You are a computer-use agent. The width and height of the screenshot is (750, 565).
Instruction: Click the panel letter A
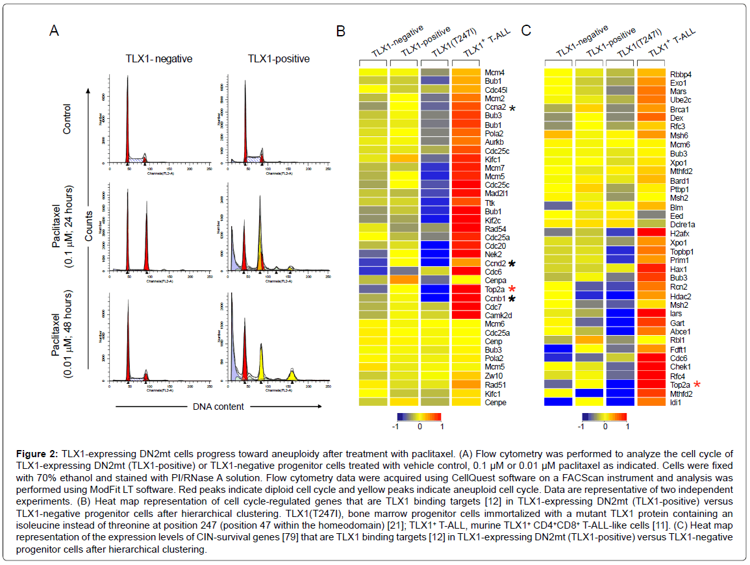point(56,30)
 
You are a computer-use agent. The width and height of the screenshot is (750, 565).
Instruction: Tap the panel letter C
point(527,30)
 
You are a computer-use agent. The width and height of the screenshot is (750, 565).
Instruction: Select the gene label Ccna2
point(495,107)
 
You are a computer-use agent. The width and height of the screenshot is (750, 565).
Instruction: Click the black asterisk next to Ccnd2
point(512,264)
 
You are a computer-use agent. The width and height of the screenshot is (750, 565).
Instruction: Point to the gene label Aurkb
point(494,142)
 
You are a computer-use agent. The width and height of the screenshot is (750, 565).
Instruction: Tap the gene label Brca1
point(680,110)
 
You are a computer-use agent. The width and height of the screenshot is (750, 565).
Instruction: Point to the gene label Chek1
point(681,366)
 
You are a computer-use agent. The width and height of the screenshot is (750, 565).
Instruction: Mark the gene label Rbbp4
point(681,74)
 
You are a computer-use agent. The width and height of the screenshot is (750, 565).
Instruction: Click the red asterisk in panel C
point(697,384)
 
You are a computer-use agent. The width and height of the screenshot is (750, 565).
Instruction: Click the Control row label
point(66,119)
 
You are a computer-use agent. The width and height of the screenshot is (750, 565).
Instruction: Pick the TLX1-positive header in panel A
point(279,59)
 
